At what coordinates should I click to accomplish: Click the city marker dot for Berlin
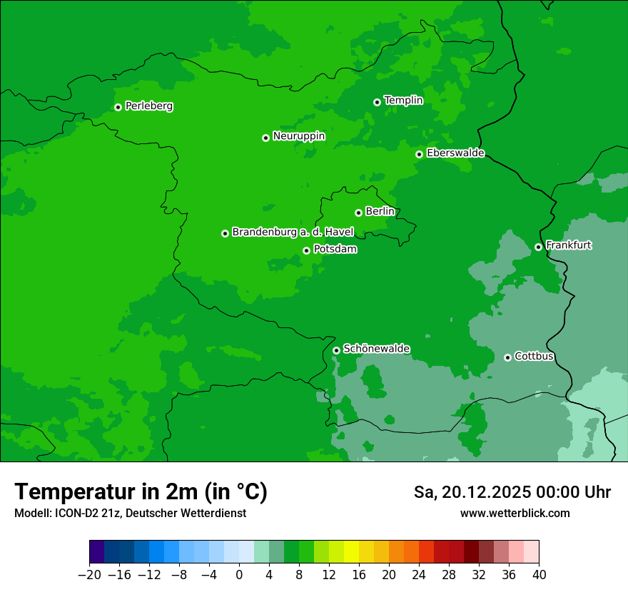(x=358, y=213)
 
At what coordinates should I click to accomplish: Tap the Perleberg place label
(x=148, y=106)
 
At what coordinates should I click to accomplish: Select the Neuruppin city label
(x=298, y=136)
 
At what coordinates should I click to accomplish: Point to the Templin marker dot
(x=377, y=102)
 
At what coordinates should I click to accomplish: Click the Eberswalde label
(x=455, y=153)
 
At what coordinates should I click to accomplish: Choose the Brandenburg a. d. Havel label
(x=293, y=233)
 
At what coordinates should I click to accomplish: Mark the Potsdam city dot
(x=306, y=250)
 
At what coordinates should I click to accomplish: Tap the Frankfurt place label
(x=568, y=245)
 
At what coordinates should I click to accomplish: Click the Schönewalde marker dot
(x=336, y=350)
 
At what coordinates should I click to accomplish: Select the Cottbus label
(x=534, y=357)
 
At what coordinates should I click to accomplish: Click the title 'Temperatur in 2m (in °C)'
(x=141, y=492)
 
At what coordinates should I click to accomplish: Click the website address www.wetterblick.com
(x=515, y=514)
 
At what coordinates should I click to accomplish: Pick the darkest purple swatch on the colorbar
(x=97, y=552)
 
